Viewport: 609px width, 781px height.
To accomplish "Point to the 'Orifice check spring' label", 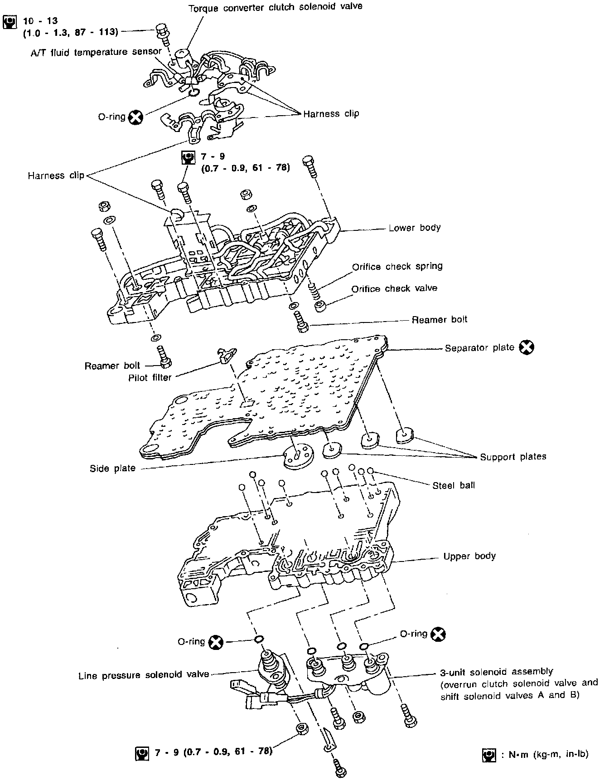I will pyautogui.click(x=397, y=266).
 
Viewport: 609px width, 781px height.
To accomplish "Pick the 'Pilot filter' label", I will pyautogui.click(x=150, y=377).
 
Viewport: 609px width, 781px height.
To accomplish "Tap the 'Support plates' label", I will pyautogui.click(x=513, y=457).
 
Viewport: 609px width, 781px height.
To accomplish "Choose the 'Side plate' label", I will pyautogui.click(x=112, y=469).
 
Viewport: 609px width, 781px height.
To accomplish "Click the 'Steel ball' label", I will pyautogui.click(x=454, y=485).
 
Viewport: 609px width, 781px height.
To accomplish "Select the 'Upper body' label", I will pyautogui.click(x=469, y=556).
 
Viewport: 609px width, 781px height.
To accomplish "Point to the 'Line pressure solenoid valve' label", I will pyautogui.click(x=144, y=675).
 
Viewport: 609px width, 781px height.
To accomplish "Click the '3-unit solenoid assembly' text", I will pyautogui.click(x=496, y=671).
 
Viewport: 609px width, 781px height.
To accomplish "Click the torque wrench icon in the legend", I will pyautogui.click(x=489, y=755).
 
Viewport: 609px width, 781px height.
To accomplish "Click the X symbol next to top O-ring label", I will pyautogui.click(x=135, y=117).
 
